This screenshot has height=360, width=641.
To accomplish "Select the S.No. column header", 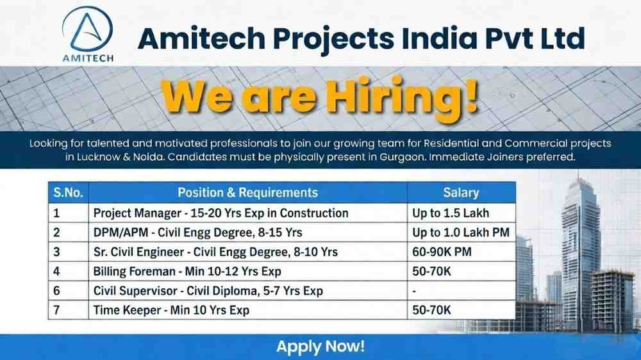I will click(68, 192).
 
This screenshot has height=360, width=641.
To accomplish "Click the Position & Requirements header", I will click(247, 192).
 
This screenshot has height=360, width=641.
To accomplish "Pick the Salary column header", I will click(461, 192).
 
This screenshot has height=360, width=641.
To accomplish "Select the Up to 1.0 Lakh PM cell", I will click(461, 232).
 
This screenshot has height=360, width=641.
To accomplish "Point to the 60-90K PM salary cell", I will click(442, 252).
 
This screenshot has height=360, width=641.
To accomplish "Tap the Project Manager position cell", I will click(221, 213).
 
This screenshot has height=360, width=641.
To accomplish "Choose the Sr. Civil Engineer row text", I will click(215, 252).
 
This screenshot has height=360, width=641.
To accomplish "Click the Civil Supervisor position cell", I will click(208, 291).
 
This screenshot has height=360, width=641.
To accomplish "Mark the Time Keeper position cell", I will click(171, 310).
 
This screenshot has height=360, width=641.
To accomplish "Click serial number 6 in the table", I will click(57, 291).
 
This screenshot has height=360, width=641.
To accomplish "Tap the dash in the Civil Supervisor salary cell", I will click(415, 291).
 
